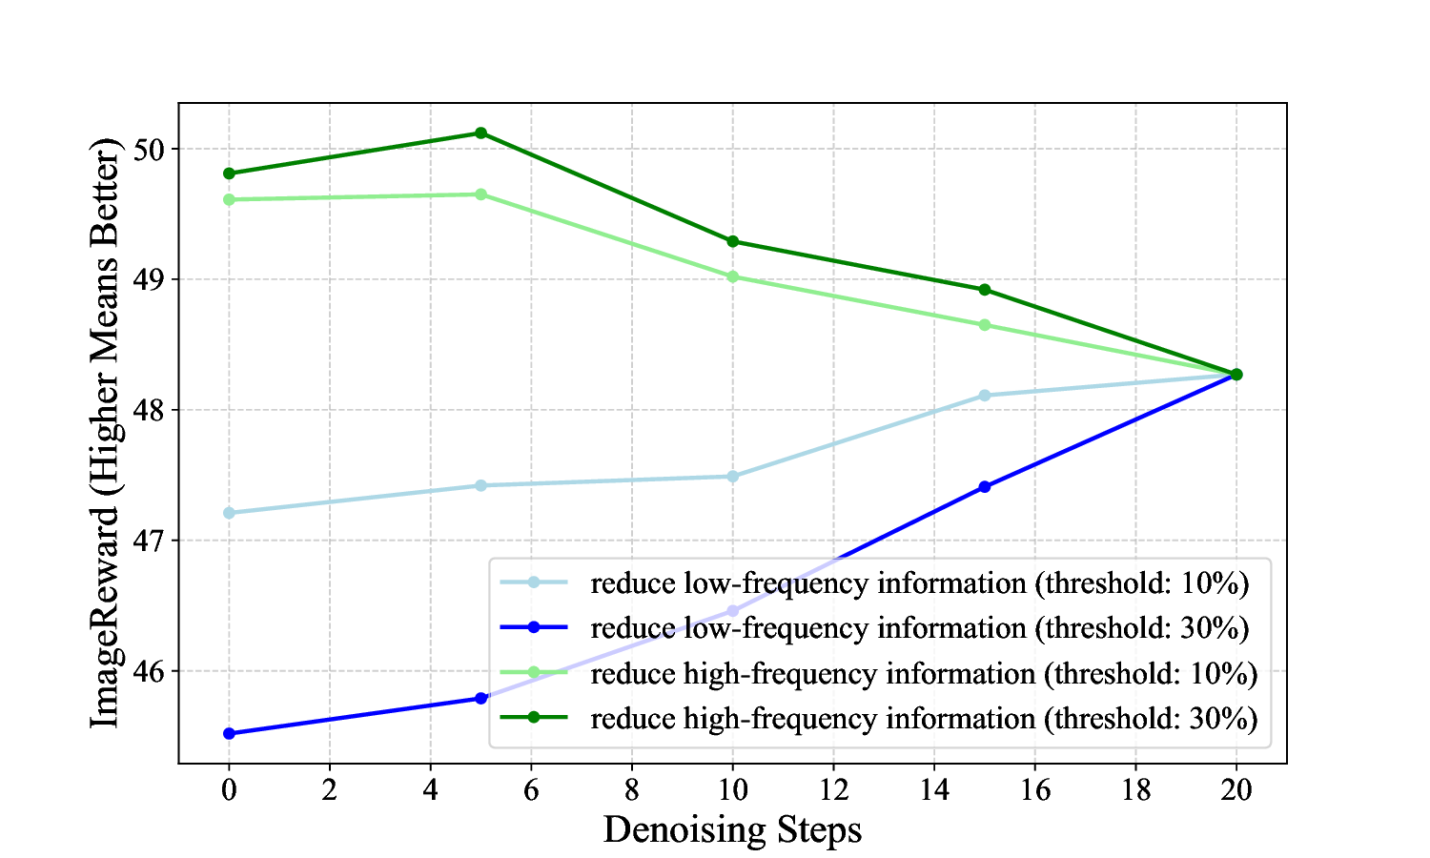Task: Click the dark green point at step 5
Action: tap(480, 133)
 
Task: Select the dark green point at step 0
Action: tap(229, 174)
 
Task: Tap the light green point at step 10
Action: tap(732, 276)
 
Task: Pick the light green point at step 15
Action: tap(985, 325)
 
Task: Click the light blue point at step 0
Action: tap(229, 513)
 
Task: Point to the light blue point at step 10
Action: tap(732, 476)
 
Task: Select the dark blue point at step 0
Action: tap(229, 733)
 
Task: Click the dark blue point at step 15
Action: tap(985, 487)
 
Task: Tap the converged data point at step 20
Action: tap(1236, 375)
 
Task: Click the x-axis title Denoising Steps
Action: tap(732, 829)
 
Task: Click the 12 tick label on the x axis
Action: tap(833, 790)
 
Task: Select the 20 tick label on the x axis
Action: tap(1236, 790)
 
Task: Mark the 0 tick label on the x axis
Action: tap(229, 790)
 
